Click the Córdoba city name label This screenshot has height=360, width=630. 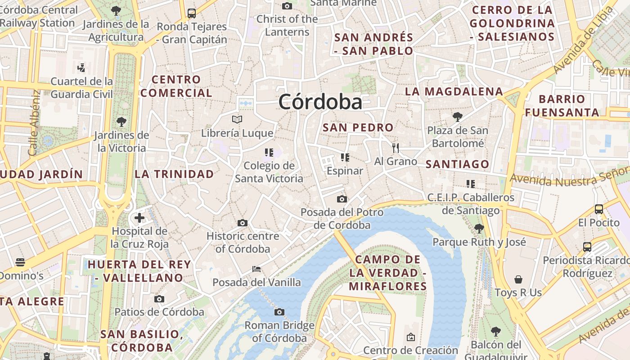[x=320, y=102]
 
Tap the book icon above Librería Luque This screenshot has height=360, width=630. [x=237, y=119]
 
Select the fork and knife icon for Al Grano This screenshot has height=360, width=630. [x=396, y=148]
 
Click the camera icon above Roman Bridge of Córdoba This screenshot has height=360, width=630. [x=279, y=312]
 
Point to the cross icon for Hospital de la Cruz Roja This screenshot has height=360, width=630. [x=139, y=218]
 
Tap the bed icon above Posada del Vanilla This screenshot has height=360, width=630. [x=256, y=269]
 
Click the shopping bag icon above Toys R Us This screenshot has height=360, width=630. [x=518, y=279]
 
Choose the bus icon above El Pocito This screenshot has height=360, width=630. [x=599, y=209]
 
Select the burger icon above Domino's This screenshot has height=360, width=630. [x=20, y=262]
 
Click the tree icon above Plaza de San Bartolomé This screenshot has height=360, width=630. [x=457, y=117]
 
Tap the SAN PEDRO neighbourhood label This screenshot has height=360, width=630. [x=358, y=127]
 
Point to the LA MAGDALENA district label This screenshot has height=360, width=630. [x=454, y=91]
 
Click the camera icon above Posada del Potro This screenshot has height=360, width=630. [x=342, y=199]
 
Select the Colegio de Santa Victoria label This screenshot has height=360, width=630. [x=269, y=172]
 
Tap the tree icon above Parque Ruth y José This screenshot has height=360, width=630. [x=479, y=228]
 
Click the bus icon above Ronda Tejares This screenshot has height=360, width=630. [x=192, y=13]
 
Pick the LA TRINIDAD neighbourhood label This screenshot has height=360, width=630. [x=174, y=174]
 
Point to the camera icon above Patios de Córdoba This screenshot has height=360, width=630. [x=159, y=299]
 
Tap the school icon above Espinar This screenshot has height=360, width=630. [x=345, y=157]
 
